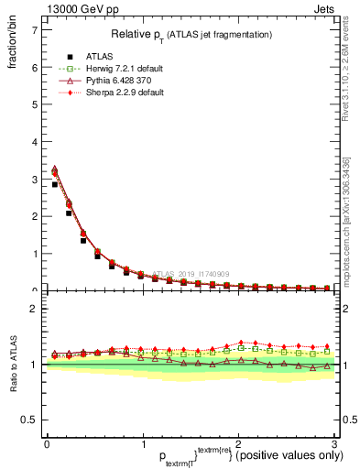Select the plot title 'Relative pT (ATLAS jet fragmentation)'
[x=189, y=34]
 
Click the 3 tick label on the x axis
[x=334, y=443]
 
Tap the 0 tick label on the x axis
[x=46, y=443]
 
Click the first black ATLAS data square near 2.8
[x=55, y=185]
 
